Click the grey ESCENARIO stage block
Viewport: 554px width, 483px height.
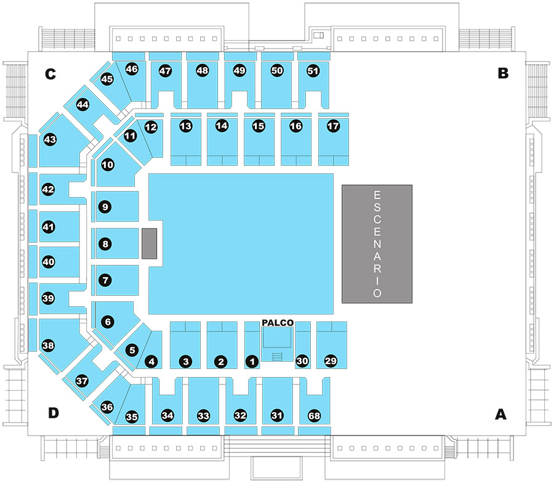click(x=377, y=244)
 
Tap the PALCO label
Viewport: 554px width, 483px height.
click(x=278, y=322)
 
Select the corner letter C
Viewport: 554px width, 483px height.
click(x=50, y=74)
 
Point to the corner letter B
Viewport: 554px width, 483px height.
click(x=503, y=73)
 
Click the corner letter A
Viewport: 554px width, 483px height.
click(x=500, y=414)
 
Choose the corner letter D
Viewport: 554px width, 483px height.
click(x=54, y=413)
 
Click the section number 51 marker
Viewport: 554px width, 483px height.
click(x=313, y=71)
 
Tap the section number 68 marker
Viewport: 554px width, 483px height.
click(x=314, y=415)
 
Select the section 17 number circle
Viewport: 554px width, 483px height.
click(x=333, y=126)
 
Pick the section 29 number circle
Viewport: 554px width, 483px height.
click(x=331, y=361)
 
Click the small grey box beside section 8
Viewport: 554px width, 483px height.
click(x=149, y=243)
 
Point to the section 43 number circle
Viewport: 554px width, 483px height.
click(x=50, y=140)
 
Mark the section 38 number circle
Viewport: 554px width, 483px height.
click(x=48, y=345)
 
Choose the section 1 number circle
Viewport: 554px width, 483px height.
click(x=252, y=362)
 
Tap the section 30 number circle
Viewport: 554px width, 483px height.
click(x=302, y=361)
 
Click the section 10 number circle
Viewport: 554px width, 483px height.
click(x=108, y=164)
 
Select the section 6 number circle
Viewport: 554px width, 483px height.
click(x=108, y=322)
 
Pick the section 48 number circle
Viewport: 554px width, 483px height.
click(x=203, y=71)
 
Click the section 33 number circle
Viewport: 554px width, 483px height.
click(x=204, y=416)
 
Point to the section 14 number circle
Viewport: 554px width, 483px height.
click(x=222, y=126)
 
